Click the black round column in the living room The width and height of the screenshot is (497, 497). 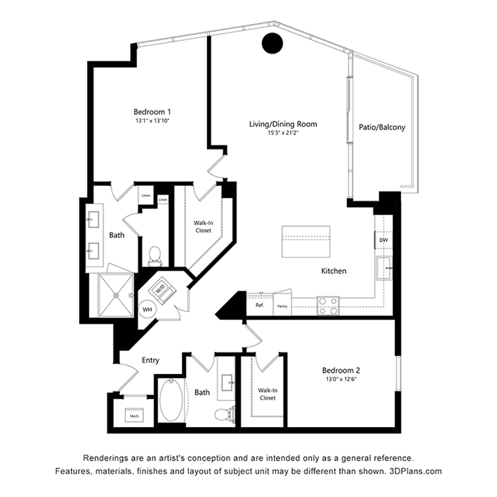[x=272, y=43]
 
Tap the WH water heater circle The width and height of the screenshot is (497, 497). [x=148, y=309]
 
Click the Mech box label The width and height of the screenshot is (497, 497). [x=134, y=416]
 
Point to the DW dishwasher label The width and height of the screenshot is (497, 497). [x=384, y=240]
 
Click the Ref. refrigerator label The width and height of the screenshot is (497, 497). [x=259, y=305]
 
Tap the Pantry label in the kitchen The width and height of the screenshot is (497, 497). [x=282, y=306]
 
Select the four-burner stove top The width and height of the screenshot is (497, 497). [x=328, y=306]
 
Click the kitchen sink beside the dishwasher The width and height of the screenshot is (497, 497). [x=384, y=268]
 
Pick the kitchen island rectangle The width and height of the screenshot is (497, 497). [x=306, y=242]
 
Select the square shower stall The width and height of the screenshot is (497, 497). [x=116, y=295]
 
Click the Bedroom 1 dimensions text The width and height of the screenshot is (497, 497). [x=153, y=121]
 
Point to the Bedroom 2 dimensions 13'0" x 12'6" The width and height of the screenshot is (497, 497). [x=341, y=379]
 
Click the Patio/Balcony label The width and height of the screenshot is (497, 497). [x=382, y=127]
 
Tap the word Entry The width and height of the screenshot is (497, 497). [x=150, y=360]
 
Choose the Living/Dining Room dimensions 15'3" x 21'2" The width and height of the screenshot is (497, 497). [x=283, y=133]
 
